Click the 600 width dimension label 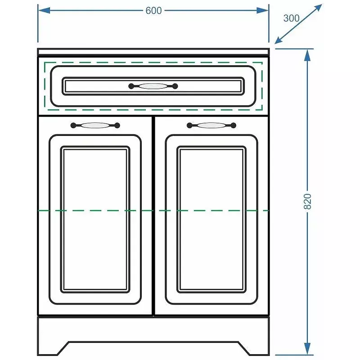pyautogui.click(x=153, y=10)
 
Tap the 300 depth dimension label pyautogui.click(x=291, y=18)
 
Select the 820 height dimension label pyautogui.click(x=307, y=201)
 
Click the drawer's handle pyautogui.click(x=153, y=86)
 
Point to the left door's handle pyautogui.click(x=95, y=126)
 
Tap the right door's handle pyautogui.click(x=211, y=126)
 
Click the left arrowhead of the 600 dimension pyautogui.click(x=44, y=10)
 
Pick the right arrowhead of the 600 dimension pyautogui.click(x=263, y=10)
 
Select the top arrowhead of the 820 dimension pyautogui.click(x=307, y=55)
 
